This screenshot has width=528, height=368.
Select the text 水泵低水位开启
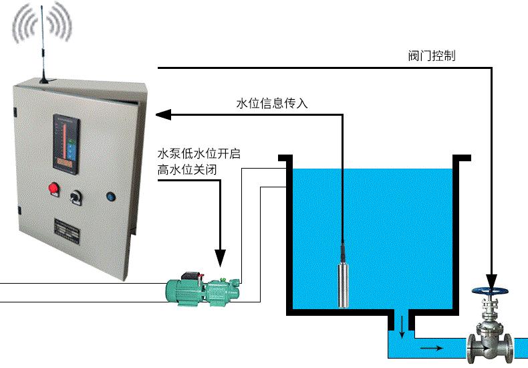click(198, 154)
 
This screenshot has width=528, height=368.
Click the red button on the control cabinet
click(53, 187)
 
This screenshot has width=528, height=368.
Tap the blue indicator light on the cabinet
click(110, 197)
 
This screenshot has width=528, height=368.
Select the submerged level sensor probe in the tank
click(344, 285)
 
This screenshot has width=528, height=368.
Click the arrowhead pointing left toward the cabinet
click(164, 115)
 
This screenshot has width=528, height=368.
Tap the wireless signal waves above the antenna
click(41, 23)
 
